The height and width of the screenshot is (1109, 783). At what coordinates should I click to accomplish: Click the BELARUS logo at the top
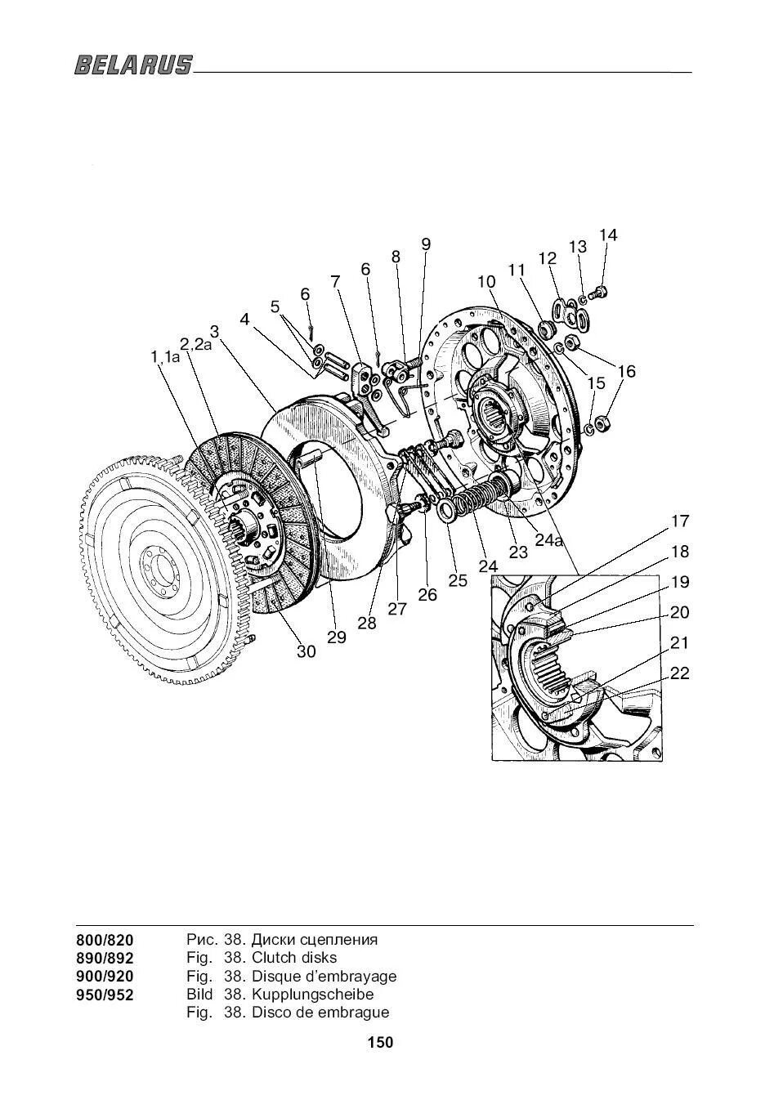134,65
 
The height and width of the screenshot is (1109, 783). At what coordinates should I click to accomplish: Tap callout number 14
608,235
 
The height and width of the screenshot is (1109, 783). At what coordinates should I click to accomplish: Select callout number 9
426,244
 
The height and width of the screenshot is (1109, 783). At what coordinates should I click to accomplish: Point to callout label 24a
549,539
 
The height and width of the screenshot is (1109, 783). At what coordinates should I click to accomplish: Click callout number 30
306,651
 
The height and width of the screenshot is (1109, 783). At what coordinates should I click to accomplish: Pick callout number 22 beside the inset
679,673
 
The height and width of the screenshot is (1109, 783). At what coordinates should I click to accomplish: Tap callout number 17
680,521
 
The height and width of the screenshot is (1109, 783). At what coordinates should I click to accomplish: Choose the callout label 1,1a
165,356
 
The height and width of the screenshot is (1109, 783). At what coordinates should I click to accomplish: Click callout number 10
486,281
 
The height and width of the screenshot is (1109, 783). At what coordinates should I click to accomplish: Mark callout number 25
458,580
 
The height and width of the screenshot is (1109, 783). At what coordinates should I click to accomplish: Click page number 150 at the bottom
380,1043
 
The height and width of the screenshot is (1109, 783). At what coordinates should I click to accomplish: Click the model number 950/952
105,995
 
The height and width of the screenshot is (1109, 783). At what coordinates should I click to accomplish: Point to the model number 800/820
105,940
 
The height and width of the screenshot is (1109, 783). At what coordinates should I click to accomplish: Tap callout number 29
337,637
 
